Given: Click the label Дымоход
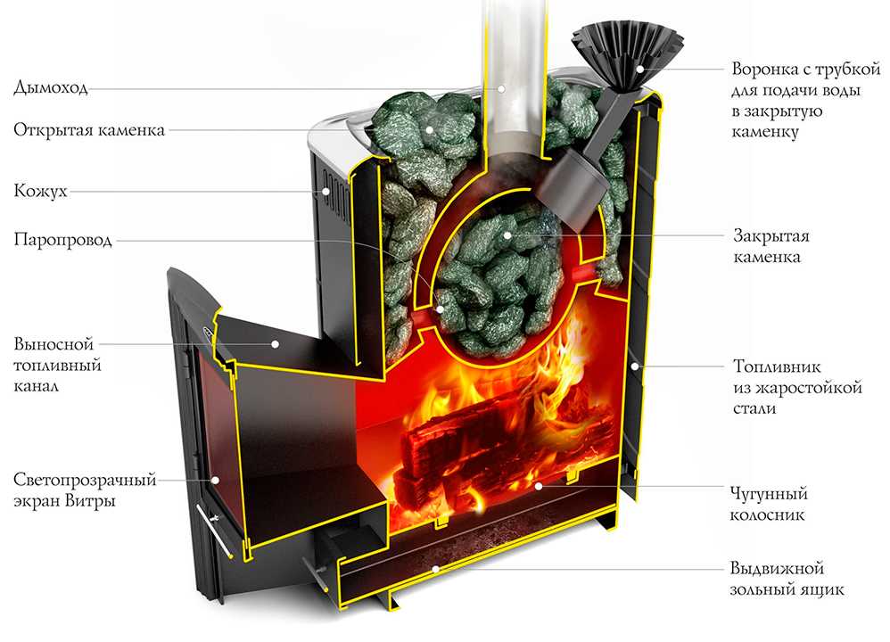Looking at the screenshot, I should click(x=50, y=87).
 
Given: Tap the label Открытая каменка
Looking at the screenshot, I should click(x=89, y=130).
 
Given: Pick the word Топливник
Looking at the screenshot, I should click(x=772, y=366).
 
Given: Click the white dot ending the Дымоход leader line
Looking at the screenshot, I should click(x=501, y=87).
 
